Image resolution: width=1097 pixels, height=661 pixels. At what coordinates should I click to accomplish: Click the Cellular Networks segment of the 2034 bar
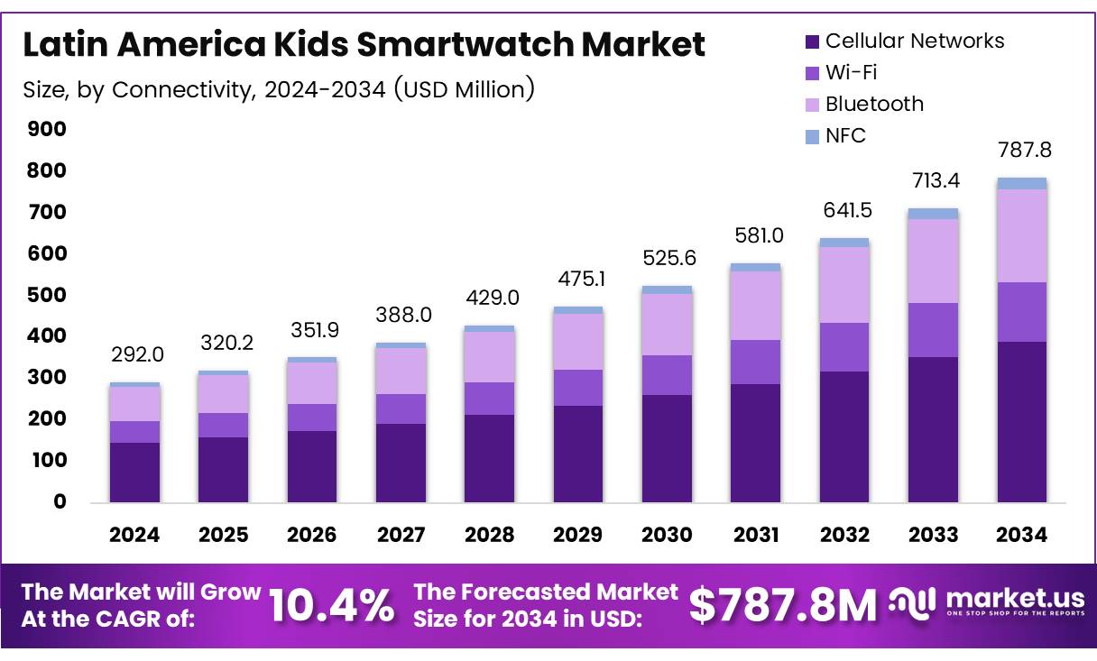(x=1022, y=422)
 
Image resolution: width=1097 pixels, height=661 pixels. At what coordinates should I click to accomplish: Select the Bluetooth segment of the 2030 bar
(x=667, y=325)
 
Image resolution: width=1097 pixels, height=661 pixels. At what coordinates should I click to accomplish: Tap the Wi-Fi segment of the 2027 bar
(x=401, y=409)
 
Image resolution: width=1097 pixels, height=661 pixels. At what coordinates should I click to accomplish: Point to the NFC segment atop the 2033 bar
(x=933, y=214)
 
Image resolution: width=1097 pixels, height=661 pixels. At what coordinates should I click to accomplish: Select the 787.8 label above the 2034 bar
(x=1022, y=149)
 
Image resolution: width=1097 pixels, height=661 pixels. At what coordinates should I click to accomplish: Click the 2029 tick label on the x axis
(x=578, y=535)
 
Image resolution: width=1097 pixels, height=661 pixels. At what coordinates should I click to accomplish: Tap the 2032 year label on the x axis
(x=844, y=535)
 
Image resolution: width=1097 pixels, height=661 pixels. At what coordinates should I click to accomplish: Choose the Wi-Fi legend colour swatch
(x=811, y=73)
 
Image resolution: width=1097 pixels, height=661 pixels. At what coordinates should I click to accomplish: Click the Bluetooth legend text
(x=874, y=104)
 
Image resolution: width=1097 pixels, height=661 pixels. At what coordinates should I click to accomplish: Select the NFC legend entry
(x=845, y=135)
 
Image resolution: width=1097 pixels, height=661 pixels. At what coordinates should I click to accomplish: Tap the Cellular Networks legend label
(x=914, y=41)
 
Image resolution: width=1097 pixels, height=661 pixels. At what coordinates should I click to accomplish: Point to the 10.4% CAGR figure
(x=332, y=605)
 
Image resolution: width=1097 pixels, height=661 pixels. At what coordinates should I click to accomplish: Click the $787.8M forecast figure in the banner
(x=782, y=605)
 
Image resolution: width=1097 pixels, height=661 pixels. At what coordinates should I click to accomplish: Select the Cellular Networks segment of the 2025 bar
(x=223, y=470)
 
